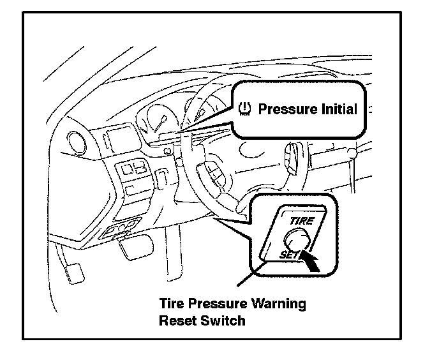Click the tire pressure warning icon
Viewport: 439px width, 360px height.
[x=245, y=109]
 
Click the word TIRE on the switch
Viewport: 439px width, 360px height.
[x=301, y=220]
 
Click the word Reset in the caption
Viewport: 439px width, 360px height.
[x=175, y=320]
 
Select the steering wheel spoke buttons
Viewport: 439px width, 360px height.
[x=211, y=172]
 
